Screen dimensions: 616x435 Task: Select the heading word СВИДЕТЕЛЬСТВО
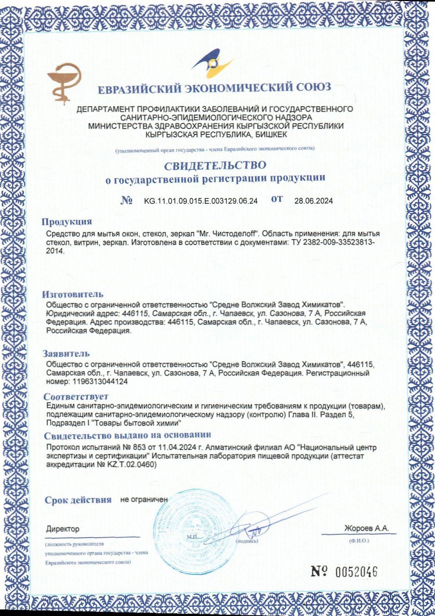point(215,165)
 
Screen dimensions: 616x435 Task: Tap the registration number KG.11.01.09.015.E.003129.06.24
point(201,201)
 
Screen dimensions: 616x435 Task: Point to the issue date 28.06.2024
point(313,201)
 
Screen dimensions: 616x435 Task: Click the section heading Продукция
point(67,222)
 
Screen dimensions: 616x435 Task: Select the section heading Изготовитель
point(72,295)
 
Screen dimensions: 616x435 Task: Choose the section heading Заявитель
point(66,354)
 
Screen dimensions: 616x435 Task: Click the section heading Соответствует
point(76,397)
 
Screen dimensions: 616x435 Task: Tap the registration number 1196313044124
point(101,382)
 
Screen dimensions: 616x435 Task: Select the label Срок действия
point(78,500)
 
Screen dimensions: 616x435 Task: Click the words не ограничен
point(144,500)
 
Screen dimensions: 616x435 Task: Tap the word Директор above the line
point(63,529)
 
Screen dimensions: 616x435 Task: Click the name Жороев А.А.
point(367,528)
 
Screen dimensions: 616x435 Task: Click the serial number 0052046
point(356,572)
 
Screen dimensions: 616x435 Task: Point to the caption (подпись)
point(247,541)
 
